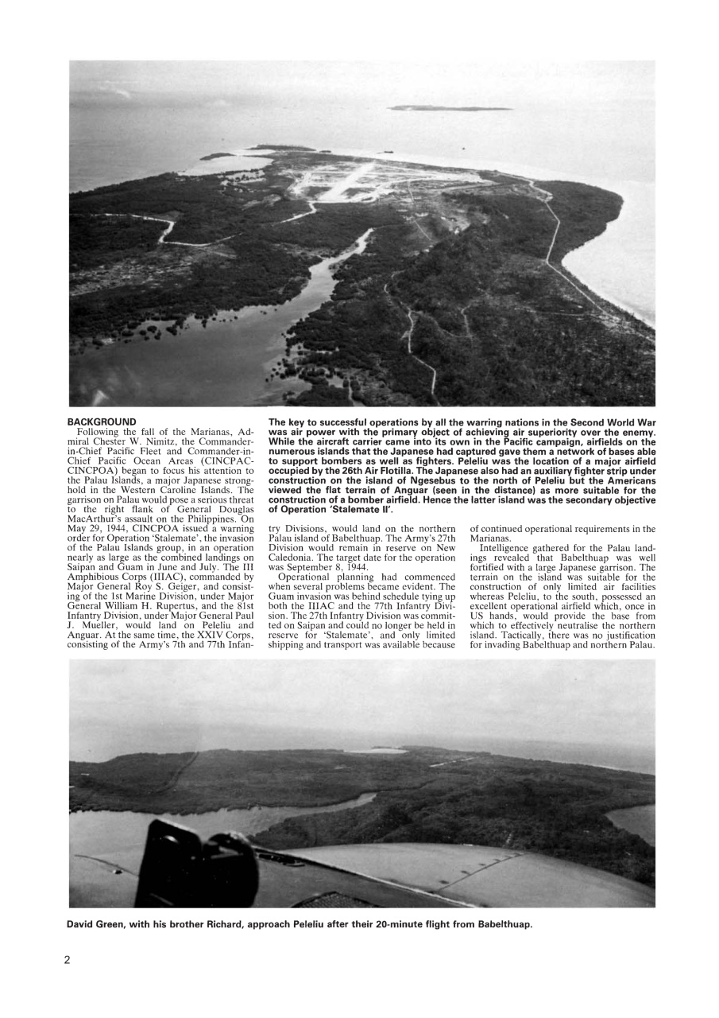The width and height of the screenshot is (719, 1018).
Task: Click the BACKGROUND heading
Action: tap(101, 422)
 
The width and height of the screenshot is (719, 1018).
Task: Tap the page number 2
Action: tap(68, 960)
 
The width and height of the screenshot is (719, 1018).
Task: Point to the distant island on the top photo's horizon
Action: tap(449, 107)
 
